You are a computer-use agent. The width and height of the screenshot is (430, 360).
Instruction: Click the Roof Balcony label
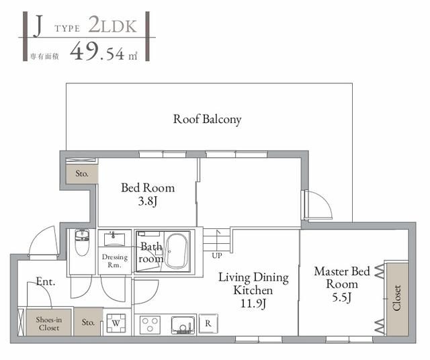207,120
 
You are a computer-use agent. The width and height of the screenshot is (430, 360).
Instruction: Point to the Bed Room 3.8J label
148,194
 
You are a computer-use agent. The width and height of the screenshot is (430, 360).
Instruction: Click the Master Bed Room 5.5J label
342,283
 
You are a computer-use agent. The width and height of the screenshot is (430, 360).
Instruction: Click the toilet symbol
82,244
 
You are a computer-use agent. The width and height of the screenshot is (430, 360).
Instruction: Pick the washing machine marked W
115,323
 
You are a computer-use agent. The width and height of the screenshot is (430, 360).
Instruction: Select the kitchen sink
182,324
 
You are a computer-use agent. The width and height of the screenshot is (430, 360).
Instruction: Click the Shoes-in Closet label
48,324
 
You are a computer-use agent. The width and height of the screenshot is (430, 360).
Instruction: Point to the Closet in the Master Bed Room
396,298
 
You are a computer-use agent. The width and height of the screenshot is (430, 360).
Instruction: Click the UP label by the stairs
216,256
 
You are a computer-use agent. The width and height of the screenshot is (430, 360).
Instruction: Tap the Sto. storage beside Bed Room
82,173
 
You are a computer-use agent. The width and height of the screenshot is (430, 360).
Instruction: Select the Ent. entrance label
46,282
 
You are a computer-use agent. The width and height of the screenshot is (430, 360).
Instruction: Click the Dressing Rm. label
115,261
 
